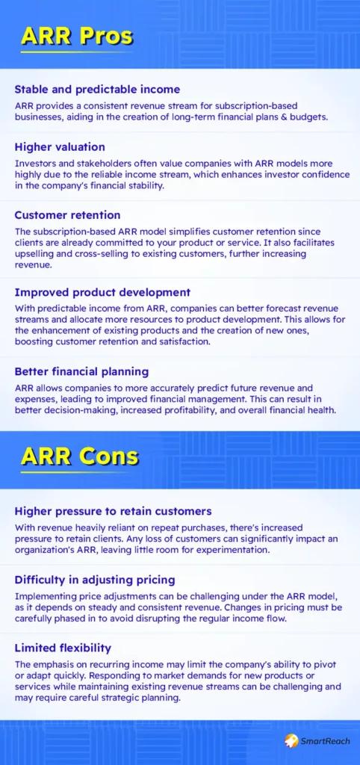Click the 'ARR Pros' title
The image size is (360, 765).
pos(76,37)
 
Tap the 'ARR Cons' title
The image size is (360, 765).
pos(79,456)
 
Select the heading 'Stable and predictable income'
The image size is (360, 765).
pos(97,90)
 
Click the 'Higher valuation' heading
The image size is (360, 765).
pos(60,147)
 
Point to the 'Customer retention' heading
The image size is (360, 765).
pos(67,215)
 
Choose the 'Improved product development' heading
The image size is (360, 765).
pos(102,293)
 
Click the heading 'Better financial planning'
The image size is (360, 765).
pos(81,372)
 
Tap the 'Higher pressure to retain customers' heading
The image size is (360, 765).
pos(113,511)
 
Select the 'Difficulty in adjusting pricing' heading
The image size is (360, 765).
pos(95,580)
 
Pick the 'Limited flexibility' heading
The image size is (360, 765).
pos(63,648)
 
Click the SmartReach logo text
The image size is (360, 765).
pos(325,741)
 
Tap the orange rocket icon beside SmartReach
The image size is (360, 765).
pos(291,741)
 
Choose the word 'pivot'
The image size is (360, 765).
pos(326,665)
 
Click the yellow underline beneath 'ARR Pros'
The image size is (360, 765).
pos(76,52)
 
